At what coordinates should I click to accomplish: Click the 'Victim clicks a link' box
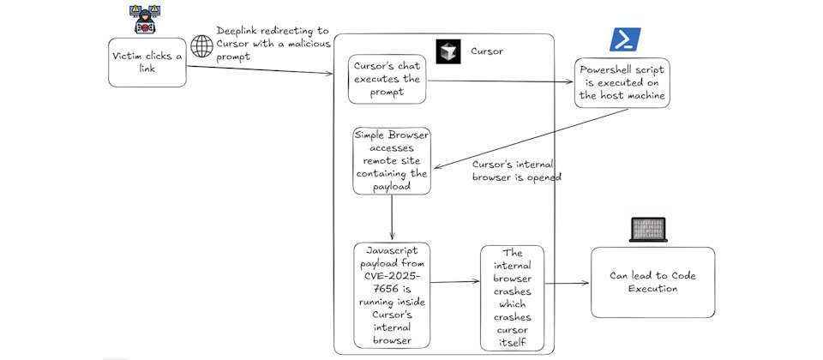pos(147,62)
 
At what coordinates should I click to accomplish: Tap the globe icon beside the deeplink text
pos(202,45)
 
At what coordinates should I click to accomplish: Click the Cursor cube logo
pos(448,51)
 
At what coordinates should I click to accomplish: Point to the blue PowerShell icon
pos(621,39)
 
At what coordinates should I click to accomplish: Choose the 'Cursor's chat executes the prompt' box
pos(387,79)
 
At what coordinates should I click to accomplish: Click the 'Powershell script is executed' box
pos(622,81)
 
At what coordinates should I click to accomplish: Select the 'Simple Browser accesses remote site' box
pos(392,160)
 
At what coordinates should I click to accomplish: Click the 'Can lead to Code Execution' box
pos(652,282)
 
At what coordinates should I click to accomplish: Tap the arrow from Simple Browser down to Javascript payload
pos(392,219)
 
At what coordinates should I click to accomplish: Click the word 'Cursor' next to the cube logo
pos(487,51)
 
